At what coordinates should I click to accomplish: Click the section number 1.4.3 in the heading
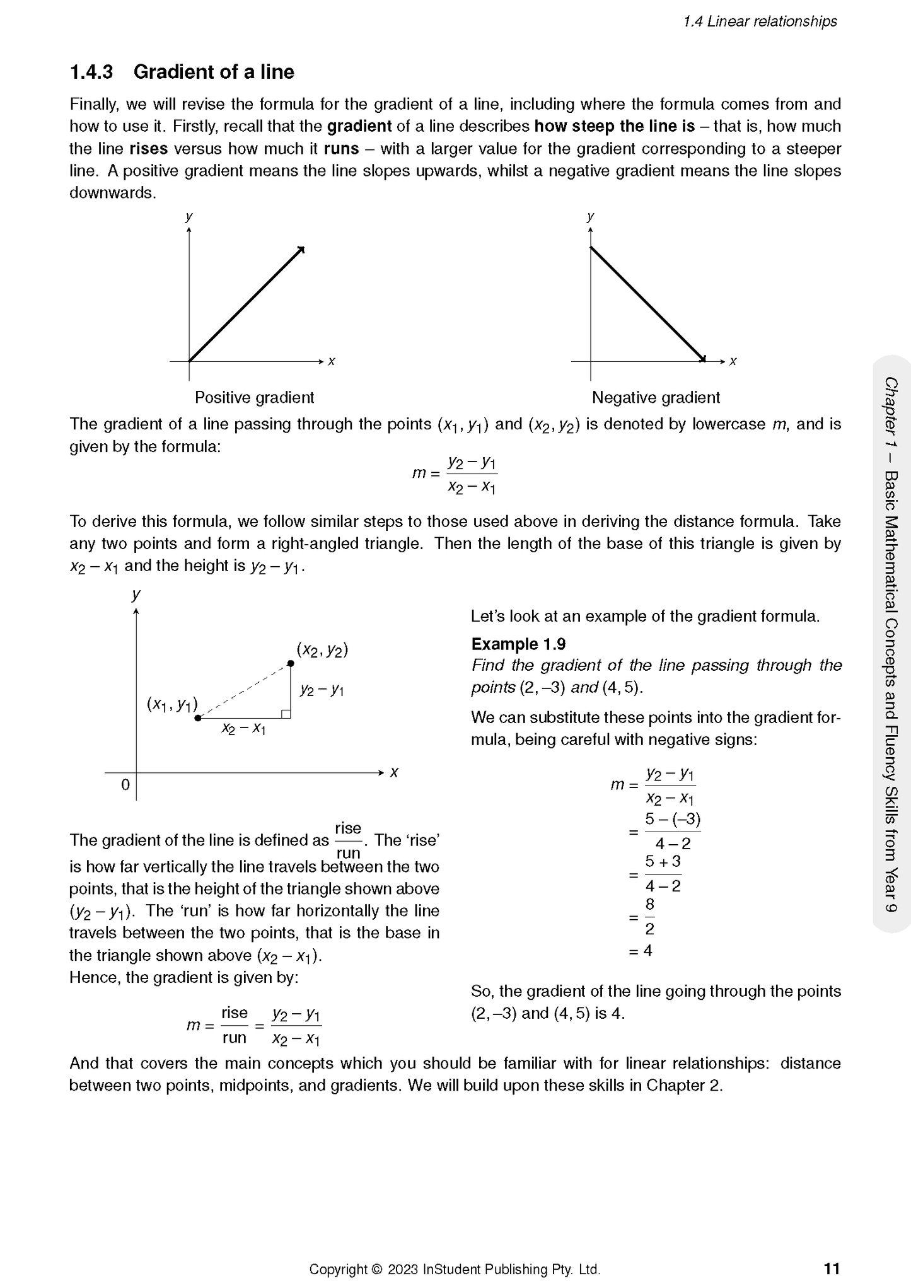pyautogui.click(x=91, y=72)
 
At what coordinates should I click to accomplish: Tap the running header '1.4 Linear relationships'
pyautogui.click(x=760, y=21)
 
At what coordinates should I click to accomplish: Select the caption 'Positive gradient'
pyautogui.click(x=254, y=398)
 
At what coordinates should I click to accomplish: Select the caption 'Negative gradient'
pyautogui.click(x=656, y=398)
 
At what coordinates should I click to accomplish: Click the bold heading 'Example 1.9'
pyautogui.click(x=518, y=644)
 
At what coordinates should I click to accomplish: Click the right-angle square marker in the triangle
pyautogui.click(x=286, y=714)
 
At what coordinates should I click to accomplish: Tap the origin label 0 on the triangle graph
pyautogui.click(x=125, y=785)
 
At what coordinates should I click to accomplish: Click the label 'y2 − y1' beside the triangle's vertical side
pyautogui.click(x=322, y=690)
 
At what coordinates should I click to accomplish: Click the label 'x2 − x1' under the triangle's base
pyautogui.click(x=243, y=729)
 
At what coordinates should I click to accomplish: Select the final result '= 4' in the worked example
pyautogui.click(x=641, y=951)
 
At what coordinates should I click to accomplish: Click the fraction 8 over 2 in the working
pyautogui.click(x=649, y=917)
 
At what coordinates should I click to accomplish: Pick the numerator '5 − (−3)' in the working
pyautogui.click(x=673, y=820)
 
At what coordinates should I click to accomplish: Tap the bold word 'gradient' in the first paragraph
pyautogui.click(x=359, y=126)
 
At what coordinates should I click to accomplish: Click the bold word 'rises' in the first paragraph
pyautogui.click(x=149, y=149)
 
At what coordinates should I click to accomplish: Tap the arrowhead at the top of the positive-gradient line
pyautogui.click(x=302, y=249)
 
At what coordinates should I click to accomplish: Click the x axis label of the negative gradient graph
pyautogui.click(x=733, y=361)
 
